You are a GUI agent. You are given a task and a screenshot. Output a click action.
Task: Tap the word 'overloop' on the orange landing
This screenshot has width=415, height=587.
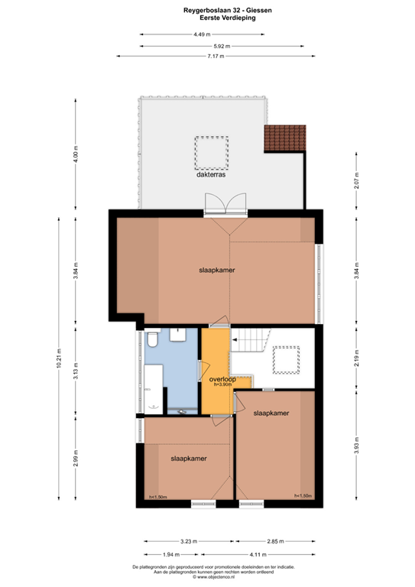(216, 378)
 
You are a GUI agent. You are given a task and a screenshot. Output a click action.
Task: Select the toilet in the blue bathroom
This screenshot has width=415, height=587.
(153, 337)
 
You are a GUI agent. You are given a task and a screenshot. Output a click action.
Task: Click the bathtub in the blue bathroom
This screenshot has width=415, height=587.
(154, 388)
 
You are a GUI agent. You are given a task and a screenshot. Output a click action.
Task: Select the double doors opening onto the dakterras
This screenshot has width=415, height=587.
(224, 203)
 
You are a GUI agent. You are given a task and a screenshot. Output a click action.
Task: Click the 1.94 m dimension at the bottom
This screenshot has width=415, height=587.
(171, 554)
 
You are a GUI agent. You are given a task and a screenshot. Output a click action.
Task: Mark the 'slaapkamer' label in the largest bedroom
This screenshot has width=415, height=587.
(217, 271)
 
